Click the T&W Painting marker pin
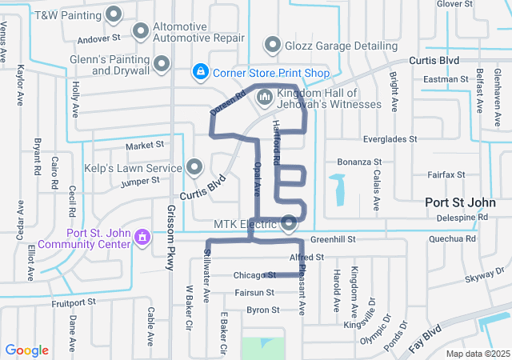coord(114,14)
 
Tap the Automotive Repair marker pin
coord(141,31)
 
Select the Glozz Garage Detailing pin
coord(272,45)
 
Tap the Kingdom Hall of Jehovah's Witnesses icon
coord(265,98)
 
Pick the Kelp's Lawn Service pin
coord(194,166)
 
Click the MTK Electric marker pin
coord(289,222)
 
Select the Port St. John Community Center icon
coord(142,238)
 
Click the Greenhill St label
coord(332,239)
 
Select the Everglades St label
coord(390,139)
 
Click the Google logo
coord(27,350)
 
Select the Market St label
coord(144,146)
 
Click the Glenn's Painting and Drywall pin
coord(162,63)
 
